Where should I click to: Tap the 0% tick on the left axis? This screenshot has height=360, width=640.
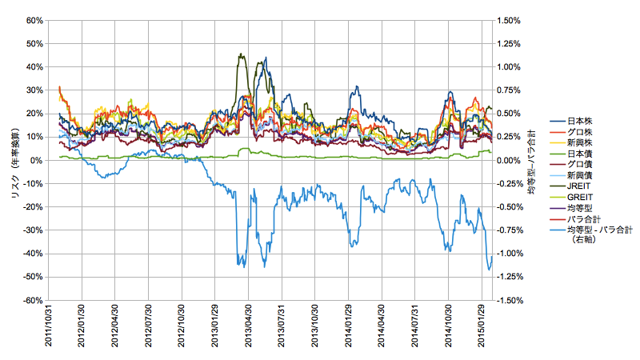36,160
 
